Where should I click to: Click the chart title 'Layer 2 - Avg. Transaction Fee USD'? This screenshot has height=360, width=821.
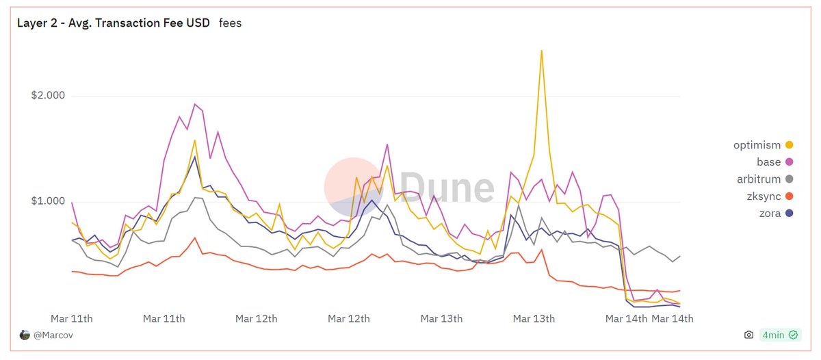[x=113, y=23]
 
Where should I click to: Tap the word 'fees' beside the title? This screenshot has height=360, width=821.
[x=230, y=23]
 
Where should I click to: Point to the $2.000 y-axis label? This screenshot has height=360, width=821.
[x=48, y=96]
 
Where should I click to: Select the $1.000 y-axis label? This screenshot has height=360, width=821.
[x=48, y=201]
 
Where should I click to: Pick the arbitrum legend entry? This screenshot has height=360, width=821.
[x=763, y=179]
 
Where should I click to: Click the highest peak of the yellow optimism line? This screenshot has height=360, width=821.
[x=541, y=51]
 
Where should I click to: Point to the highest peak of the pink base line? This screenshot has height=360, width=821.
[x=195, y=104]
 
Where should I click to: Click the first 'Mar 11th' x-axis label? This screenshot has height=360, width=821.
[x=72, y=319]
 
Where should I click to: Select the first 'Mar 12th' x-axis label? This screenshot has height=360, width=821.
[x=257, y=319]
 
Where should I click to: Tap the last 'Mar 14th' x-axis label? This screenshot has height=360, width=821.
[x=673, y=319]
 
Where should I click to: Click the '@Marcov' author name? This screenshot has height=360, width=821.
[x=53, y=335]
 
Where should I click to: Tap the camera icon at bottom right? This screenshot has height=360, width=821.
[x=749, y=335]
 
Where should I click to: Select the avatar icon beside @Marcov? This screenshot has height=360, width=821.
[x=25, y=335]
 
